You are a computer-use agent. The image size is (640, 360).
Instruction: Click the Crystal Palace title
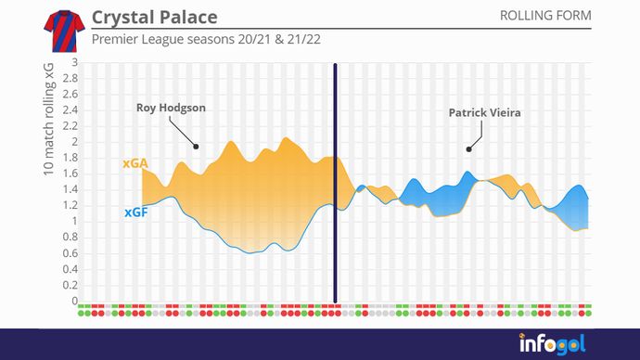154,18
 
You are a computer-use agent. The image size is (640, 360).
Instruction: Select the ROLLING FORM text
544,16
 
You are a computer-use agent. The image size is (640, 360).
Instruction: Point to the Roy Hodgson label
171,109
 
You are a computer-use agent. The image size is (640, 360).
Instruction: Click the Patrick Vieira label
484,113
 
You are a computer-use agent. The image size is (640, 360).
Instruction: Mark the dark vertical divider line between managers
335,186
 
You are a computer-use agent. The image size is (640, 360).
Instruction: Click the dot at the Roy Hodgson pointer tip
196,146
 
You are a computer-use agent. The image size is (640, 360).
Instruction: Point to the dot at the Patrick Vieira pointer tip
468,148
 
